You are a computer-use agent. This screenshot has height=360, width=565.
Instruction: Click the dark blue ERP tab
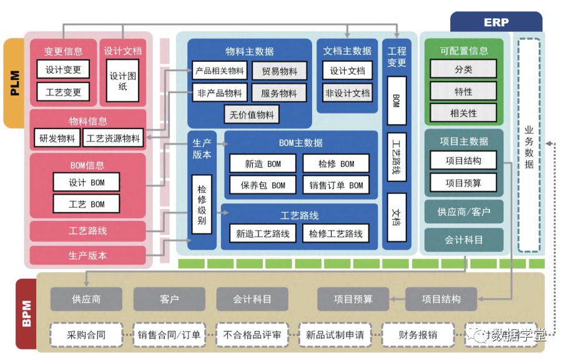(x=496, y=22)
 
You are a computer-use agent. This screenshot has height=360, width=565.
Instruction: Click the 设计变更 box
(x=63, y=70)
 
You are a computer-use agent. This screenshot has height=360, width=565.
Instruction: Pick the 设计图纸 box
(x=122, y=81)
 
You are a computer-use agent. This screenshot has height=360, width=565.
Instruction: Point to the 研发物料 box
(x=57, y=138)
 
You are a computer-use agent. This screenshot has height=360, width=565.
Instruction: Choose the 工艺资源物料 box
(x=113, y=138)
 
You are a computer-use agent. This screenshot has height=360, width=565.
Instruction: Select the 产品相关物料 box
(x=219, y=71)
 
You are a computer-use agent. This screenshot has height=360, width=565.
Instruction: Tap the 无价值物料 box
(x=252, y=115)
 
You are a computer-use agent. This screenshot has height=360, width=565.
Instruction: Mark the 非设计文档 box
(x=347, y=93)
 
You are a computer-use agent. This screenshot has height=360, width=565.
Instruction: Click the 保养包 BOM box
(x=262, y=185)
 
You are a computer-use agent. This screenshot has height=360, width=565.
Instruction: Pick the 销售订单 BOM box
(x=335, y=185)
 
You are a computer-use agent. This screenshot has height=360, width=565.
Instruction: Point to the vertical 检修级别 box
(x=202, y=204)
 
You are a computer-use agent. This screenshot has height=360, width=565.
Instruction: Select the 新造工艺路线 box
(x=262, y=234)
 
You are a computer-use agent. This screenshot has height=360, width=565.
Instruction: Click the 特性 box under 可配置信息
(x=463, y=92)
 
